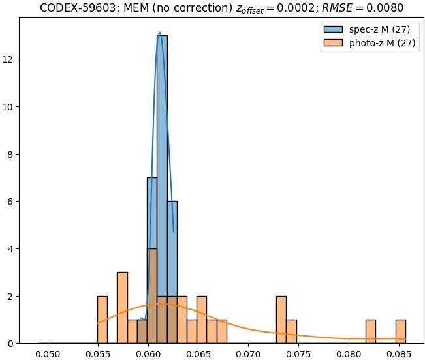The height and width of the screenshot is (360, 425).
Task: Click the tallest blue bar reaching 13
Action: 162,189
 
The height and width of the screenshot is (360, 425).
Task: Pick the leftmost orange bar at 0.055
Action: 102,320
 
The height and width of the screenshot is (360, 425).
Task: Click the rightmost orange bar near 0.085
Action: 400,331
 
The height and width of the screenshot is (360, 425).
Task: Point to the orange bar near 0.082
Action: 370,331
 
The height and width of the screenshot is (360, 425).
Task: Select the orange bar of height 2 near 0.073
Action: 281,320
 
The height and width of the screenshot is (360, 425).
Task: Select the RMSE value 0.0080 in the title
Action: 382,8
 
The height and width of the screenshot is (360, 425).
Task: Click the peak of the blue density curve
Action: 159,33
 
